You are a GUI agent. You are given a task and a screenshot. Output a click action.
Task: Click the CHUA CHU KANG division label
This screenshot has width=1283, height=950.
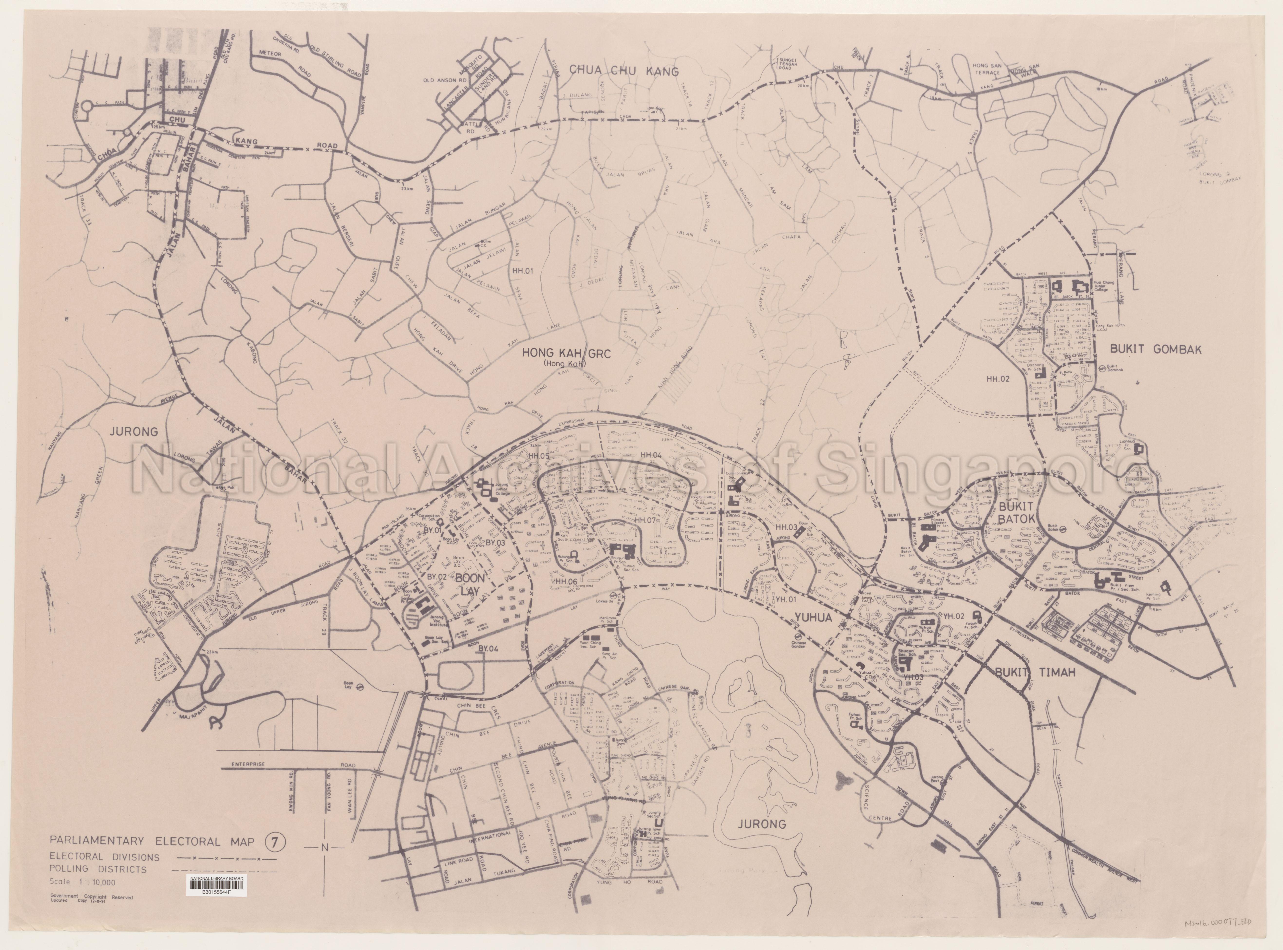click(x=624, y=71)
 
